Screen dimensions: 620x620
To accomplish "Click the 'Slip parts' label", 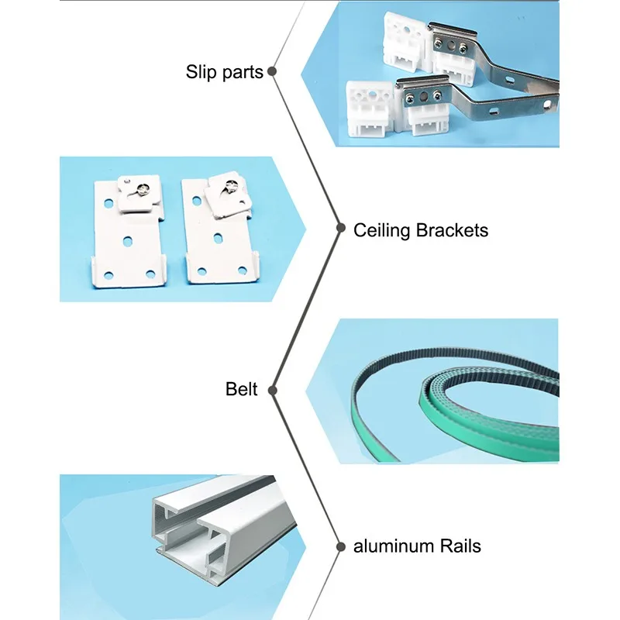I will click(x=226, y=73).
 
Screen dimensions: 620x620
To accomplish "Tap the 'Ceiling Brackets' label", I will click(x=421, y=230).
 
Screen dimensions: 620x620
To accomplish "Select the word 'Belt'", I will click(x=242, y=389).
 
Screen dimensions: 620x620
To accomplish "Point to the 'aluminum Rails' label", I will click(x=417, y=546).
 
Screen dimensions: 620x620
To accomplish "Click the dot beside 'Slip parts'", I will click(x=272, y=72).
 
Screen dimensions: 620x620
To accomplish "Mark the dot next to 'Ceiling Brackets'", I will click(x=340, y=229).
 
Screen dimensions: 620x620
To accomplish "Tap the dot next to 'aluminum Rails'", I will click(x=340, y=546).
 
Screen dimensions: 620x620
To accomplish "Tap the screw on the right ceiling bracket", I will click(x=230, y=185).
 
